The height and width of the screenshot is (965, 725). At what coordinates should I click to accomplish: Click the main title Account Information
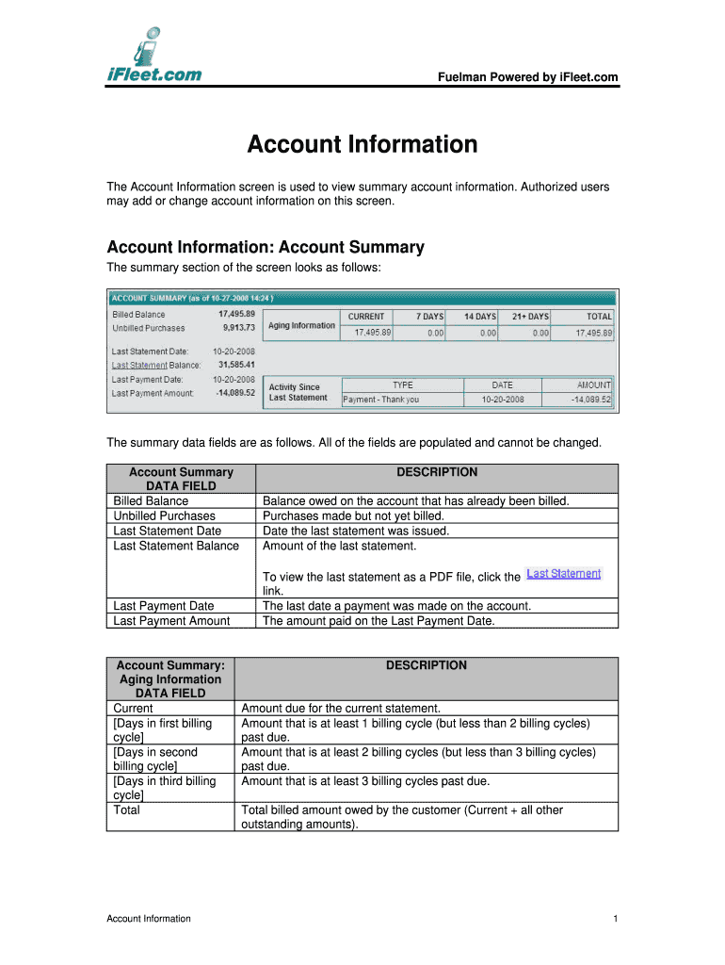[x=362, y=145]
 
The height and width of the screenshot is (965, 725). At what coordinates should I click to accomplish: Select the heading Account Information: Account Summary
[x=266, y=248]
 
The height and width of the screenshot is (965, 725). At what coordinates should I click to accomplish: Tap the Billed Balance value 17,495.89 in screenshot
[x=236, y=314]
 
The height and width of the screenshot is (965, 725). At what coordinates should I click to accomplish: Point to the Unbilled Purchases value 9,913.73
[x=238, y=328]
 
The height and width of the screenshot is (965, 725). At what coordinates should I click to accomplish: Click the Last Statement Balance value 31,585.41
[x=236, y=365]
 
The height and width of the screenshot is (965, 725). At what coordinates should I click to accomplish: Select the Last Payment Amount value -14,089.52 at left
[x=235, y=393]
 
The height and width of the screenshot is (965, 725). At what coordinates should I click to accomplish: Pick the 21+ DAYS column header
[x=532, y=317]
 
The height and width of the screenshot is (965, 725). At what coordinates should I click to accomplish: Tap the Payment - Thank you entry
[x=381, y=400]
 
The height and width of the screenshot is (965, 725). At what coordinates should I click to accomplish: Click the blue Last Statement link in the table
[x=563, y=573]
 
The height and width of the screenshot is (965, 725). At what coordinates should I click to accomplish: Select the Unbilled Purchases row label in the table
[x=164, y=515]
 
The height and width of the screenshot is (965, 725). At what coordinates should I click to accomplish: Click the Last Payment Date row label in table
[x=163, y=606]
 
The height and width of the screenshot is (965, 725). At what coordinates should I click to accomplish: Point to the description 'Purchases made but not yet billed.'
[x=353, y=515]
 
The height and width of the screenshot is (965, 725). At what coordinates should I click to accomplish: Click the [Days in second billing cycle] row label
[x=155, y=759]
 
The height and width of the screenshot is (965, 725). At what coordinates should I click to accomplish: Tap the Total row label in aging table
[x=126, y=810]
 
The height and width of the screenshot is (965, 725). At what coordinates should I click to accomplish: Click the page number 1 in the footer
[x=614, y=919]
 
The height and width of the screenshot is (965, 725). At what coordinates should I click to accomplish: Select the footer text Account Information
[x=149, y=919]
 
